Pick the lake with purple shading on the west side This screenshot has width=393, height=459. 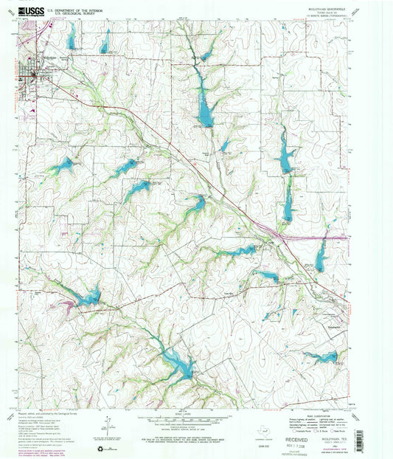point(85,299)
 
